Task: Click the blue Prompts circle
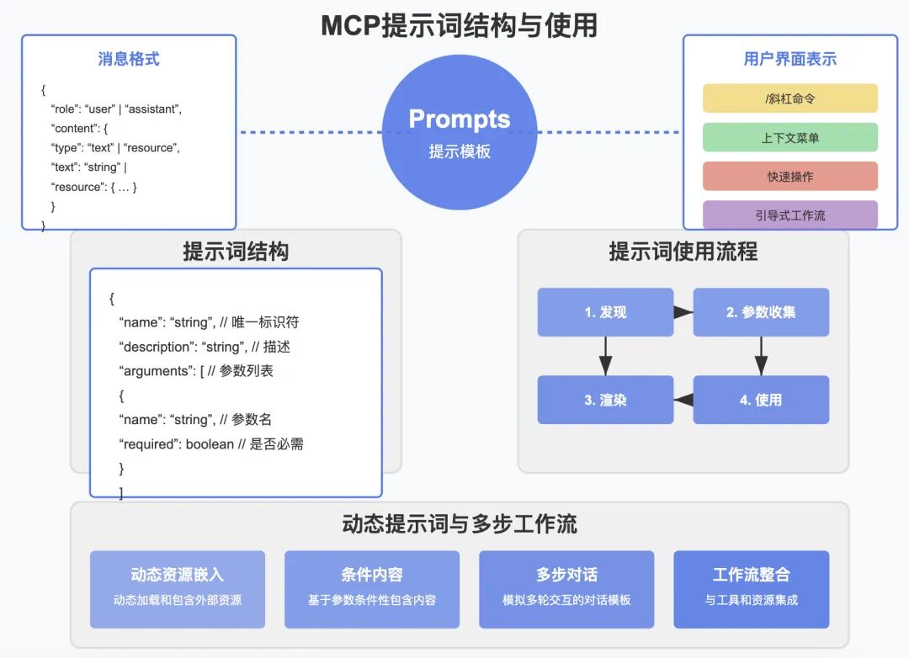click(x=459, y=133)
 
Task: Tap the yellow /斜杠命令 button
click(x=789, y=98)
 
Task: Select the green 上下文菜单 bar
click(x=789, y=137)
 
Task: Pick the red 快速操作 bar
click(x=789, y=176)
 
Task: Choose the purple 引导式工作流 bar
click(x=789, y=215)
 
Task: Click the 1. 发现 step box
click(x=605, y=312)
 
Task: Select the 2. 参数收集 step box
click(x=761, y=312)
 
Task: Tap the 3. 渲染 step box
click(x=605, y=400)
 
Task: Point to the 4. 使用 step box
click(x=761, y=400)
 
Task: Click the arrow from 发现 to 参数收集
click(x=683, y=312)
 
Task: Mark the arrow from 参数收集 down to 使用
click(x=761, y=356)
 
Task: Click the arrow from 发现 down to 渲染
click(x=605, y=356)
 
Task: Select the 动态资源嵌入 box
click(x=177, y=589)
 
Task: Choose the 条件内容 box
click(x=372, y=589)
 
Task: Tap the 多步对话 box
click(x=566, y=589)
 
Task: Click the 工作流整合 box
click(x=752, y=589)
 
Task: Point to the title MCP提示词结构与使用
click(x=459, y=25)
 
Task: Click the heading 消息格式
click(x=129, y=59)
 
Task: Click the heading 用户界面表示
click(x=789, y=59)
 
